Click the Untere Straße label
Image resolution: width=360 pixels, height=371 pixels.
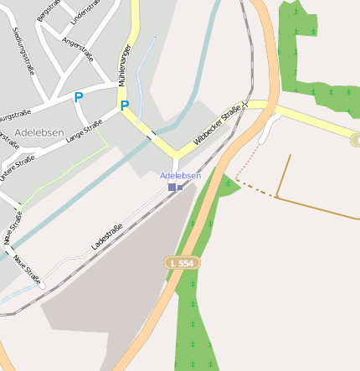17,167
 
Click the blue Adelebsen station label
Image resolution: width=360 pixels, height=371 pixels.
180,175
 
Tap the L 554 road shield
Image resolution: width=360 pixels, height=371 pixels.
182,263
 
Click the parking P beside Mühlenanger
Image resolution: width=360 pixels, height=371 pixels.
125,106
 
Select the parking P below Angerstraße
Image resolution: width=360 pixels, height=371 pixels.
79,97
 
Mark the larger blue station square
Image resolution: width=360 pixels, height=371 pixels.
172,187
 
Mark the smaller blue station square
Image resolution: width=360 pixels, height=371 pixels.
180,187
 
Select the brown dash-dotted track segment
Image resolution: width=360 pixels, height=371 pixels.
255,191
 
